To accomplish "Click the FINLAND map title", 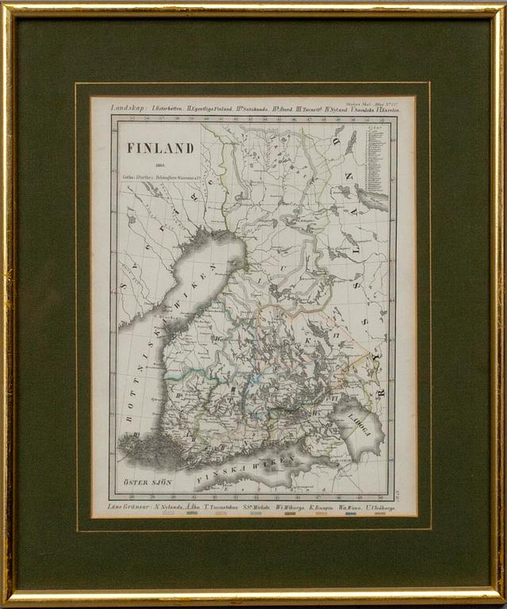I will [x=160, y=148].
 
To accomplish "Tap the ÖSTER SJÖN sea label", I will [x=143, y=481].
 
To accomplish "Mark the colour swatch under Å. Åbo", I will [x=192, y=514].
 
